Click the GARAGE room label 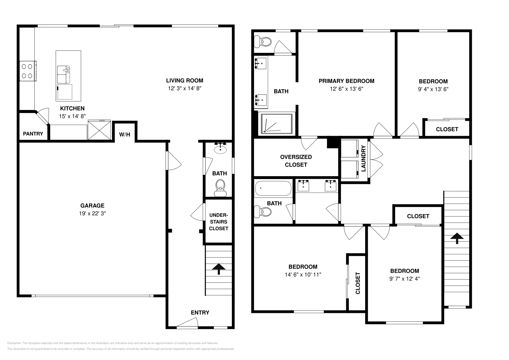pyautogui.click(x=92, y=206)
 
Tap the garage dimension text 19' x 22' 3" pyautogui.click(x=92, y=214)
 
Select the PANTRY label pyautogui.click(x=33, y=134)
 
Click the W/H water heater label pyautogui.click(x=124, y=135)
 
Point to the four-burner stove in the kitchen pyautogui.click(x=27, y=71)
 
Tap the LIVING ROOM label pyautogui.click(x=185, y=80)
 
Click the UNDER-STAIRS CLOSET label pyautogui.click(x=219, y=222)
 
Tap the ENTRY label pyautogui.click(x=200, y=313)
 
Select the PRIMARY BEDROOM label pyautogui.click(x=346, y=81)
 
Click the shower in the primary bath pyautogui.click(x=277, y=123)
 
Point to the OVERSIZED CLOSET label pyautogui.click(x=296, y=161)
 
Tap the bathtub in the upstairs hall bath pyautogui.click(x=273, y=188)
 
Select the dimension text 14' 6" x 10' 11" pyautogui.click(x=303, y=274)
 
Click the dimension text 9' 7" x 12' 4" pyautogui.click(x=405, y=279)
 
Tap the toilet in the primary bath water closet pyautogui.click(x=263, y=41)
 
